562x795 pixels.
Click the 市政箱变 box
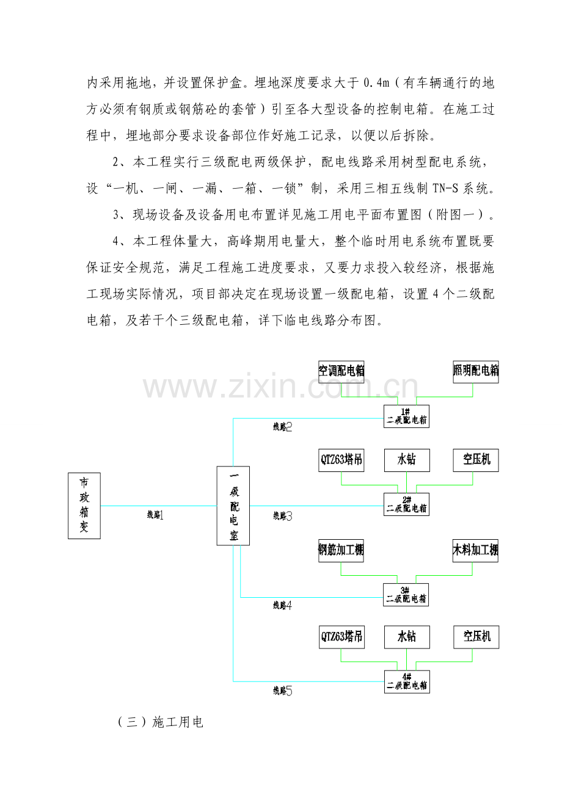[x=84, y=506]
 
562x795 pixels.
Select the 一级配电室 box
[x=233, y=506]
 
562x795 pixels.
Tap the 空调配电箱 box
[x=341, y=372]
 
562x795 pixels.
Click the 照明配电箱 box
[x=476, y=372]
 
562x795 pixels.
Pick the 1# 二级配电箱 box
[x=406, y=416]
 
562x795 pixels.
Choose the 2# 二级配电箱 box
[x=406, y=504]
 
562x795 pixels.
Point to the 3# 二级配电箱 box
[x=406, y=595]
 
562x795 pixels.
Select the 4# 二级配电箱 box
[x=407, y=682]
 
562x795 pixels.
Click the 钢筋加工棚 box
[x=341, y=551]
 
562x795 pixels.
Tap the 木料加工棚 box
[x=475, y=551]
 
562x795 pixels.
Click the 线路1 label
[x=155, y=515]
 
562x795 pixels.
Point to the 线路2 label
[x=283, y=427]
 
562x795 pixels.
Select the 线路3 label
[x=283, y=516]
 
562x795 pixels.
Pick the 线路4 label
[x=283, y=606]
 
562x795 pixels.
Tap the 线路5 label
[x=283, y=691]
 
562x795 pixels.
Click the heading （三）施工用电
[x=160, y=722]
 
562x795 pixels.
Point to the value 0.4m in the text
[x=377, y=83]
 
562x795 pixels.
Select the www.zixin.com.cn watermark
[x=281, y=387]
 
